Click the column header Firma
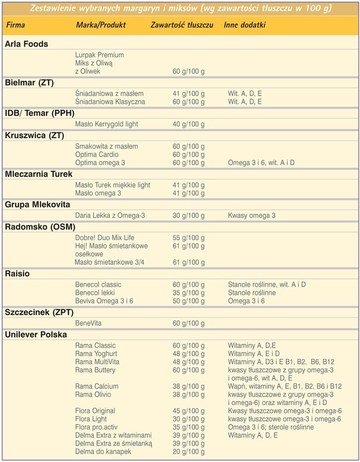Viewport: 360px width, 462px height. tap(16, 26)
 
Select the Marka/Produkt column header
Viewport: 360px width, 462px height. tap(101, 26)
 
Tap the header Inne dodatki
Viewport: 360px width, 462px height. tap(245, 26)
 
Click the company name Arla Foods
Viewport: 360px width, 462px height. tap(27, 44)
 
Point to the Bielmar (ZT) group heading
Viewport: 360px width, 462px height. tap(29, 83)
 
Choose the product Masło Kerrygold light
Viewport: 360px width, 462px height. tap(107, 124)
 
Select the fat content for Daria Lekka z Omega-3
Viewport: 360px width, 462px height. tap(188, 215)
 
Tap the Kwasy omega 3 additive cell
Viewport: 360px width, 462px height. tap(251, 215)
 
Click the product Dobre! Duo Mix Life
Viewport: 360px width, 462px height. tap(105, 237)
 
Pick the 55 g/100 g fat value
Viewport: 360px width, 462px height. tap(188, 237)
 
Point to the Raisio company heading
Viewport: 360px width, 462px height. tap(18, 274)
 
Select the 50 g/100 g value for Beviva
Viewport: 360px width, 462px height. tap(188, 301)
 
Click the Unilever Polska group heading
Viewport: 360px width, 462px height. tap(36, 335)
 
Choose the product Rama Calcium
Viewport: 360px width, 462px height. tap(97, 386)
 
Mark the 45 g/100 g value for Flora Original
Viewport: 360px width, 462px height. tap(188, 411)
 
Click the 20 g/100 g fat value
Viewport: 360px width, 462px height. tap(188, 452)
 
